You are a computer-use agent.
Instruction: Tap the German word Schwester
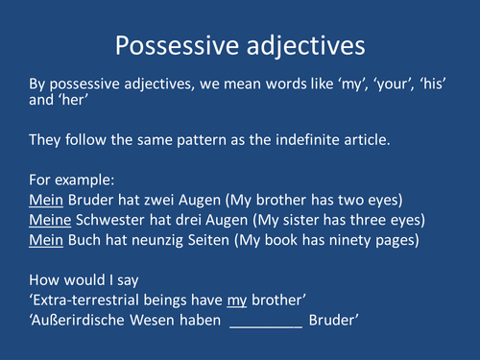point(110,219)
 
